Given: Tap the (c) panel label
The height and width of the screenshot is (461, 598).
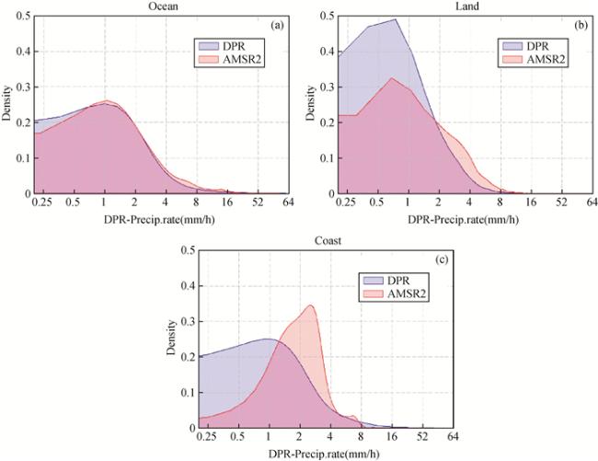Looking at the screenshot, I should pyautogui.click(x=442, y=259).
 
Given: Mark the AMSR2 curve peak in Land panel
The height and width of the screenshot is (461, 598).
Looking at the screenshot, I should pyautogui.click(x=391, y=78).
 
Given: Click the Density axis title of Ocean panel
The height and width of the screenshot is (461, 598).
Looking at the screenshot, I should pyautogui.click(x=8, y=105).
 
